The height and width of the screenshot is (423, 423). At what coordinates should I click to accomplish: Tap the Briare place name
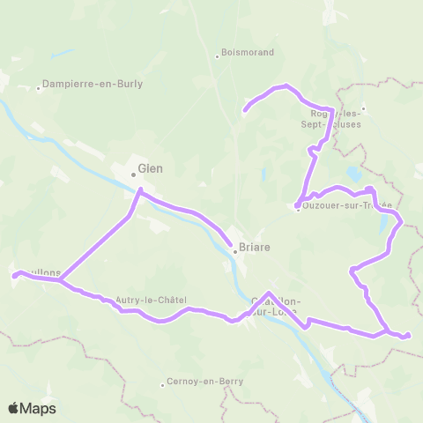[x=253, y=249]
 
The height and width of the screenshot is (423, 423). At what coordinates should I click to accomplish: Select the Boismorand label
[x=247, y=52]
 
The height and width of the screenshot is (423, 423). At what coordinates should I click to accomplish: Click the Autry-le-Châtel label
[x=151, y=300]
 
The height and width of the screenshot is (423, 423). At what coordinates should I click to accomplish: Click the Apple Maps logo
[x=32, y=408]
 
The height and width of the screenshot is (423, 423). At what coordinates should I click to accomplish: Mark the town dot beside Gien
[x=134, y=173]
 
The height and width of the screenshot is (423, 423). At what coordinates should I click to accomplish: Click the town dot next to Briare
[x=234, y=249]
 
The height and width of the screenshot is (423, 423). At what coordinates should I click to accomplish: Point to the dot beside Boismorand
[x=217, y=56]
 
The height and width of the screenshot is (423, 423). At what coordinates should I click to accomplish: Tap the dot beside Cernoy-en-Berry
[x=163, y=384]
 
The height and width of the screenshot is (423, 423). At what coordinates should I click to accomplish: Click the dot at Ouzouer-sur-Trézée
[x=298, y=207]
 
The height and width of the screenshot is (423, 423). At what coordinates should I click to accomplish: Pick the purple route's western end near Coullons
[x=14, y=276]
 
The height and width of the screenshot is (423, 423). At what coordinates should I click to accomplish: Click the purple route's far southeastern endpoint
[x=408, y=335]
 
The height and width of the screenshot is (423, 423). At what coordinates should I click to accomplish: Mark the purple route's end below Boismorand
[x=245, y=111]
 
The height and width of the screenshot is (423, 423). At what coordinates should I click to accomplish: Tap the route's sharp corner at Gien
[x=140, y=189]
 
